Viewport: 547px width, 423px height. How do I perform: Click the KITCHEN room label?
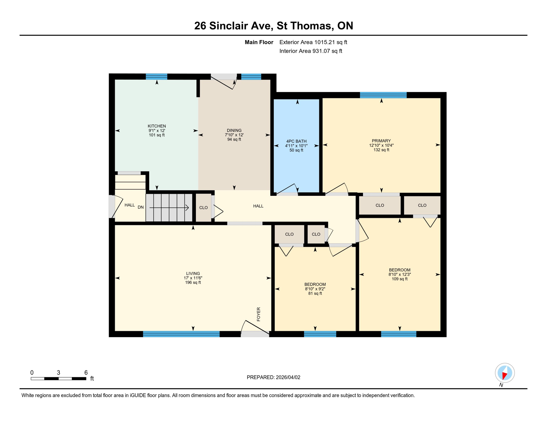click(157, 126)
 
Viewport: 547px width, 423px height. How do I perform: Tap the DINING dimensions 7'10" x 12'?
click(234, 135)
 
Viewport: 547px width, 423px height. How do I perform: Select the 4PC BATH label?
click(296, 141)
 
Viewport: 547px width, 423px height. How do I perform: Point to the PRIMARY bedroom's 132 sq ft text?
click(381, 150)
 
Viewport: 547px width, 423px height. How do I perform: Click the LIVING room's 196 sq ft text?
click(193, 283)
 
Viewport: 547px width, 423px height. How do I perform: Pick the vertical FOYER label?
click(258, 314)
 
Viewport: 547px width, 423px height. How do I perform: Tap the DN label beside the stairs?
click(141, 207)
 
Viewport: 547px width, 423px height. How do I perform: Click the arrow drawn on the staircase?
click(169, 208)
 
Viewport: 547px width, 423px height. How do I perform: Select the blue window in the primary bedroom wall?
click(383, 95)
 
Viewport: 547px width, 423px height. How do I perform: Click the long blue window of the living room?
click(181, 334)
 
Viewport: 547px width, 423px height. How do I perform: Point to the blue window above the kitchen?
click(156, 77)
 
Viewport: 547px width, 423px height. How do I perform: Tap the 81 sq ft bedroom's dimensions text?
click(315, 289)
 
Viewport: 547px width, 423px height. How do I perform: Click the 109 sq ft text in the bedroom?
click(400, 279)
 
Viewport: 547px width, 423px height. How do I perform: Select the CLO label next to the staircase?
click(203, 208)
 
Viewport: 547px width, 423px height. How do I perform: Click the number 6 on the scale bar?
click(86, 373)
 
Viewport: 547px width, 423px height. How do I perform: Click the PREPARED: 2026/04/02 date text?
click(273, 377)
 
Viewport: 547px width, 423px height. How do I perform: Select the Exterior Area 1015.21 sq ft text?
click(313, 42)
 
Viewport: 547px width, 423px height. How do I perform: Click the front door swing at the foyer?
click(253, 328)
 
